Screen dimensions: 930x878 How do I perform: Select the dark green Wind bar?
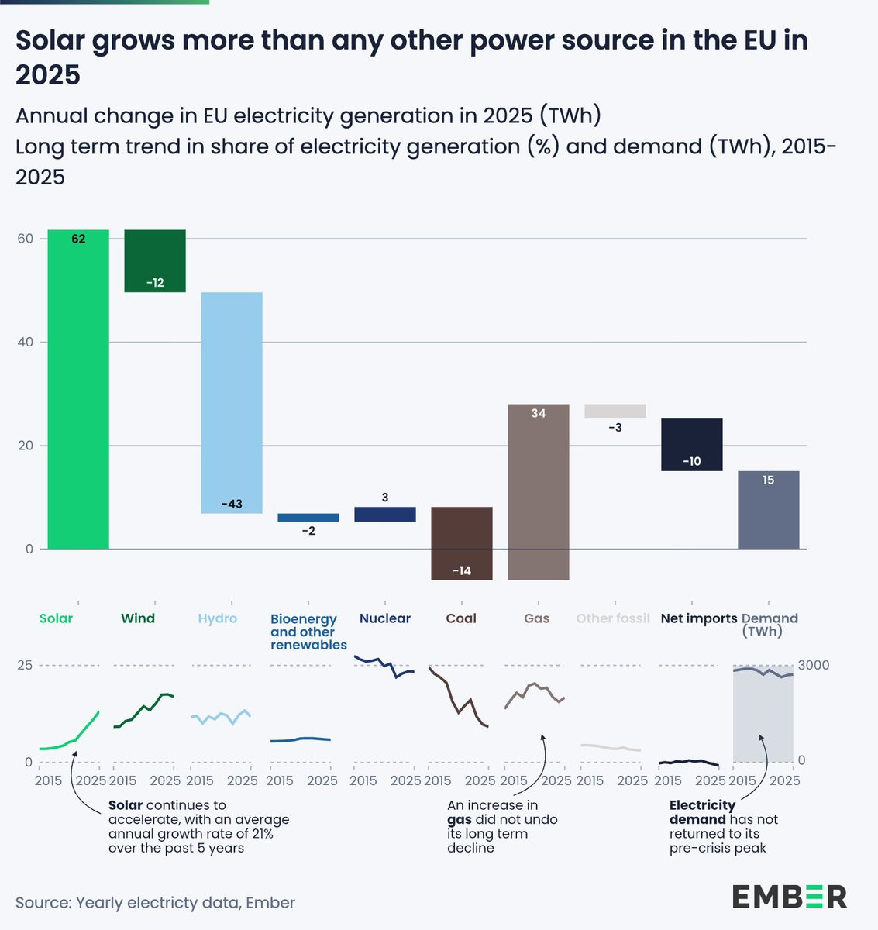(x=155, y=260)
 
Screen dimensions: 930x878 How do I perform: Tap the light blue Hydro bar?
(x=232, y=402)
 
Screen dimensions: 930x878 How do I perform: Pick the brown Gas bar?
(x=538, y=496)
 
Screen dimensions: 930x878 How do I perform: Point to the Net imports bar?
(x=691, y=443)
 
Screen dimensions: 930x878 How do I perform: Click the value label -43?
(x=232, y=505)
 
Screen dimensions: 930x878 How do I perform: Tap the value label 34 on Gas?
(x=538, y=414)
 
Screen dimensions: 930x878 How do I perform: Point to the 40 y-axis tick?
(x=26, y=343)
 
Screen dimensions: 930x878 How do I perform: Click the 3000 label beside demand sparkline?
(x=814, y=665)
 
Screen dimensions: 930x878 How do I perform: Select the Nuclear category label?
(x=385, y=618)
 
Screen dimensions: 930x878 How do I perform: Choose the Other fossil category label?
(x=613, y=618)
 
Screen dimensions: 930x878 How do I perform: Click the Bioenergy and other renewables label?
(x=308, y=632)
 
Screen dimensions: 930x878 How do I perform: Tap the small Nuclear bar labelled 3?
(x=385, y=515)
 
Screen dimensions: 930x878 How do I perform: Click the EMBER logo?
(x=790, y=897)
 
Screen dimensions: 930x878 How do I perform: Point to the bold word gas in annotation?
(x=460, y=820)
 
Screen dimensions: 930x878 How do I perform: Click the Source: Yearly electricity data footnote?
(x=155, y=903)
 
